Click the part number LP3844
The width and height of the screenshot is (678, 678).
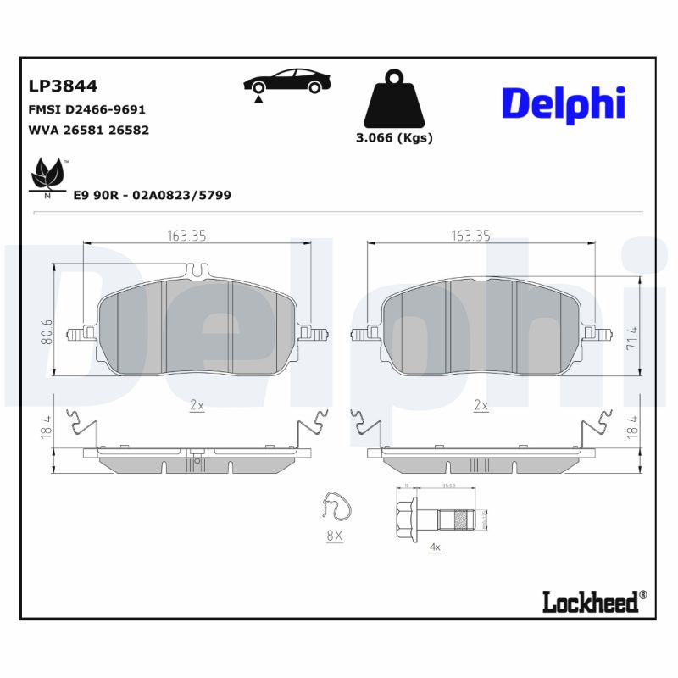click(x=63, y=86)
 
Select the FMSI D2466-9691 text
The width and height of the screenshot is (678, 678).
click(x=87, y=110)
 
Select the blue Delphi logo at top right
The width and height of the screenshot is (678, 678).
click(x=564, y=103)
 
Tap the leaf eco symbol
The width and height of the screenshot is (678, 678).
click(x=47, y=175)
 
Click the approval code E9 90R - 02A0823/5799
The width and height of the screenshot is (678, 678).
click(x=153, y=195)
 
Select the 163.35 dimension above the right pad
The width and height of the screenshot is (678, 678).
click(x=471, y=236)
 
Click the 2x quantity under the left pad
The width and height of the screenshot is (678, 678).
click(x=197, y=405)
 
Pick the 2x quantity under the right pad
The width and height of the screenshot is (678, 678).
click(x=481, y=405)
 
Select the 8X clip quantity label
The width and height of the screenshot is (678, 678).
click(x=334, y=536)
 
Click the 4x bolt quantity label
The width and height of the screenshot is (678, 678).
click(x=436, y=547)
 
